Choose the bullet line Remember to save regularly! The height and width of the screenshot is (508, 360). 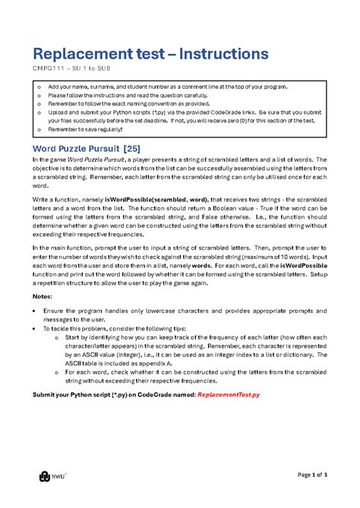point(85,129)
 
